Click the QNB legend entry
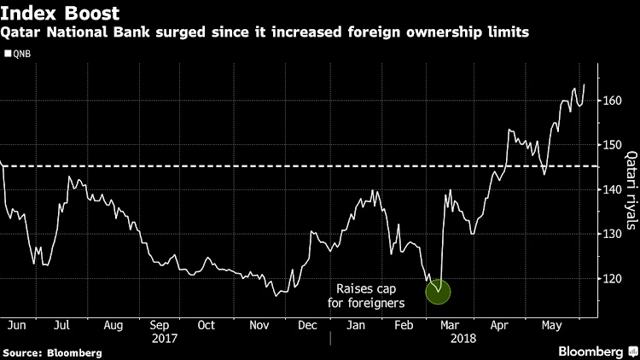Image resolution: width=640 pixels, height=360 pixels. (22, 51)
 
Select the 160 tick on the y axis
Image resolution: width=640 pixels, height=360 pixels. (610, 101)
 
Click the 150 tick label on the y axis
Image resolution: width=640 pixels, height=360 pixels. (610, 145)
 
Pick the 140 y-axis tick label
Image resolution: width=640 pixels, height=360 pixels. (610, 189)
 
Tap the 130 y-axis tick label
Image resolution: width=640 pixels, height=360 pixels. (610, 234)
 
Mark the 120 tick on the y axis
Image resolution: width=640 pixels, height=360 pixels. (610, 278)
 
